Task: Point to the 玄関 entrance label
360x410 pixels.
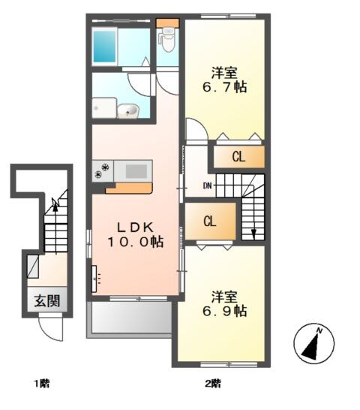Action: [x=45, y=301]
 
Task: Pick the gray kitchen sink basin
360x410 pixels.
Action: [x=136, y=170]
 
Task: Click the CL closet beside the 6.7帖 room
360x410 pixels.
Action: [x=238, y=157]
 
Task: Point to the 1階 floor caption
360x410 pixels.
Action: [x=41, y=384]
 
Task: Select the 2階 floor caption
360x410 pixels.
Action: [x=212, y=384]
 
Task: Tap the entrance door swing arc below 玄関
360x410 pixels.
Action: [x=49, y=327]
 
